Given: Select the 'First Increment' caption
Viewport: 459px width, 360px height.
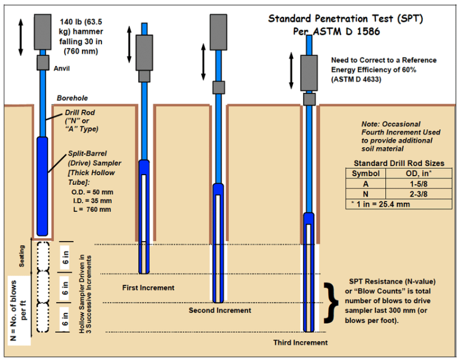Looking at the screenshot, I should coord(149,287).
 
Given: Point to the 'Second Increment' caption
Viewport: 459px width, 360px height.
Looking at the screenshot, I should coord(220,310).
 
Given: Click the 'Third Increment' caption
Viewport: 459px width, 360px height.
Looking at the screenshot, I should coord(300,342).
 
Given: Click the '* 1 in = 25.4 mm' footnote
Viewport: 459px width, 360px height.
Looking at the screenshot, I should coord(380,204).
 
